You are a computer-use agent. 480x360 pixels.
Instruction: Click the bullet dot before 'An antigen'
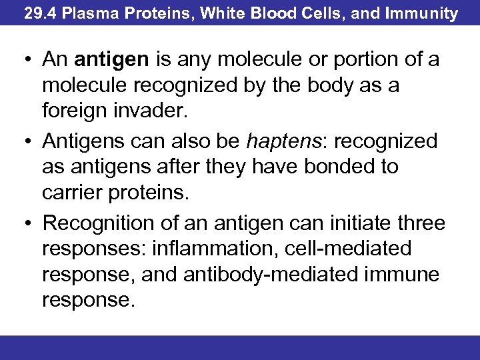tap(23, 60)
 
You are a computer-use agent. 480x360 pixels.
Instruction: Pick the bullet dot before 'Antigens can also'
tap(23, 141)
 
